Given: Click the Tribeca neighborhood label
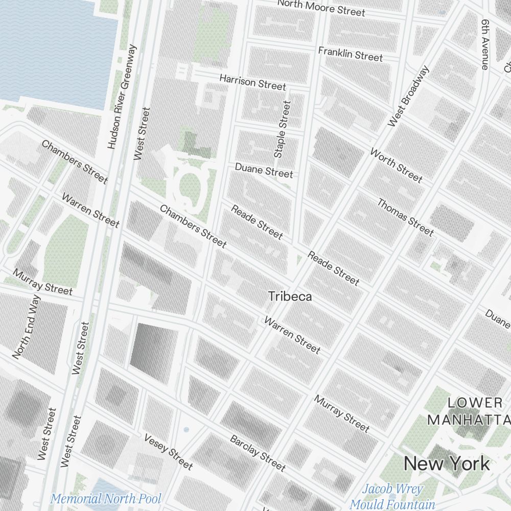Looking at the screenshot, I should point(290,296).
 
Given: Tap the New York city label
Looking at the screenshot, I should point(447,463).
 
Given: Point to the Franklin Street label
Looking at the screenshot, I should point(350,54).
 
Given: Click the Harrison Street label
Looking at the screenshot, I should point(252,82).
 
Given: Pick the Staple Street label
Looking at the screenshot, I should point(282,129).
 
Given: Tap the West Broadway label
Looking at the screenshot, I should point(409,97).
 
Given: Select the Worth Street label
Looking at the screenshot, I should point(397,165).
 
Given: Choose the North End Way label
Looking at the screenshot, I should point(26,327).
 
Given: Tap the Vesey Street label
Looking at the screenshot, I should point(168,452).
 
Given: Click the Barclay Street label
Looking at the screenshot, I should point(258,453).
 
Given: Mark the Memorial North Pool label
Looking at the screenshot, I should point(106,498).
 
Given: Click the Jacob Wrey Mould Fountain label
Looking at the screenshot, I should point(392,496).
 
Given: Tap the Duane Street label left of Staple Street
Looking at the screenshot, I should point(264,170).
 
